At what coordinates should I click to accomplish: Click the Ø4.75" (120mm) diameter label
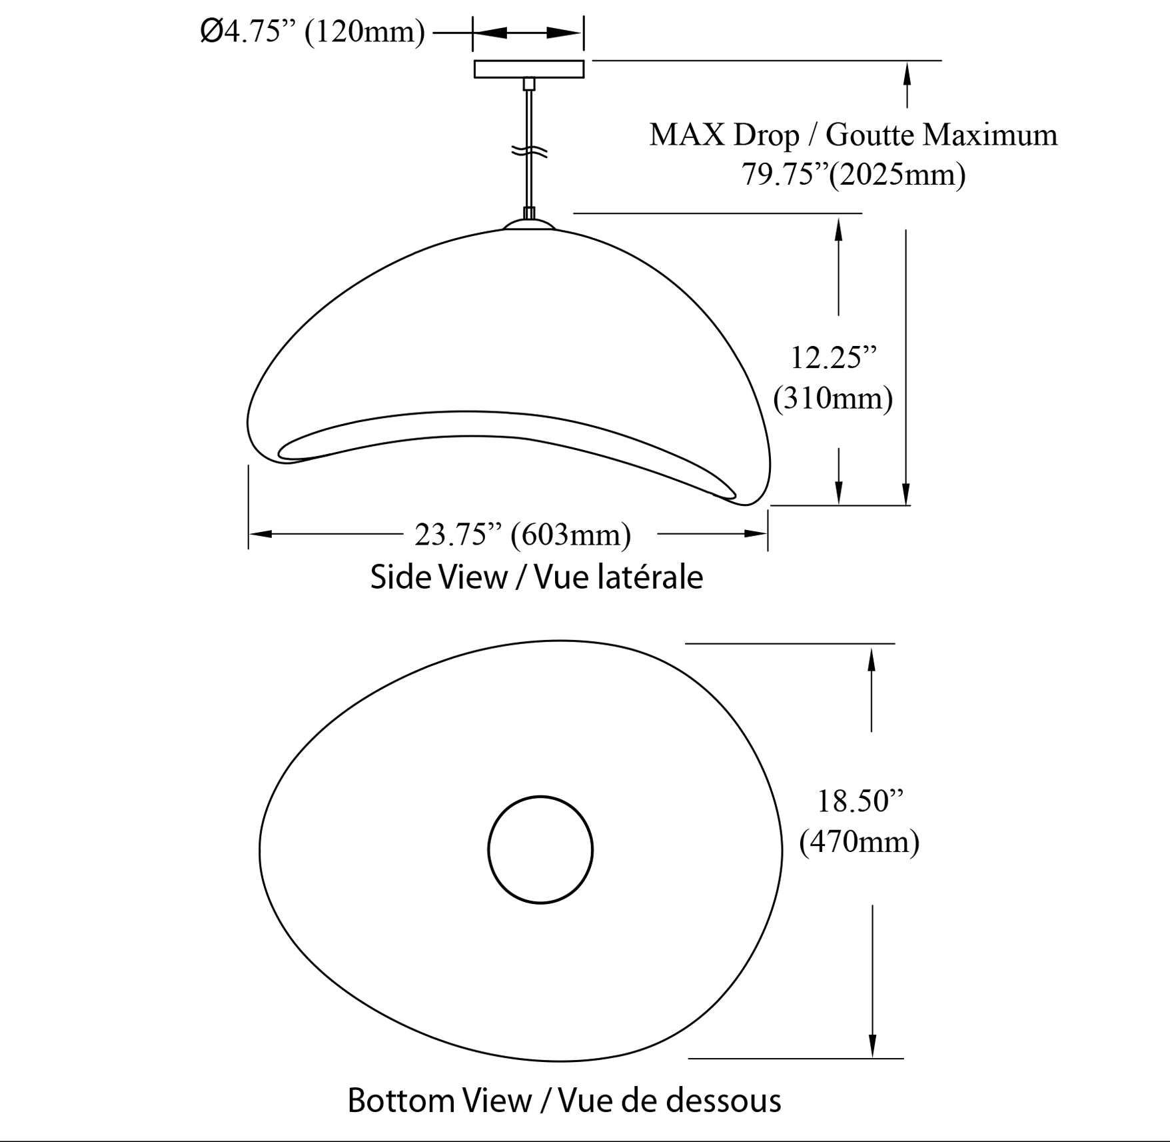tap(312, 32)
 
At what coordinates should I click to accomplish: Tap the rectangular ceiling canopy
tap(529, 69)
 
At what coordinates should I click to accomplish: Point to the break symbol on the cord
tap(530, 152)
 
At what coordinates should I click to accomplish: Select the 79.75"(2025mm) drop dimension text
tap(854, 175)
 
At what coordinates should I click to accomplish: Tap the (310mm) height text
tap(833, 398)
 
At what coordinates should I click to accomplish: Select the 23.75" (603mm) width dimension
tap(522, 535)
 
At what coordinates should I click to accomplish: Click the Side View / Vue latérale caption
tap(536, 577)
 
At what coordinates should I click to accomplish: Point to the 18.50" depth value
tap(860, 801)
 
